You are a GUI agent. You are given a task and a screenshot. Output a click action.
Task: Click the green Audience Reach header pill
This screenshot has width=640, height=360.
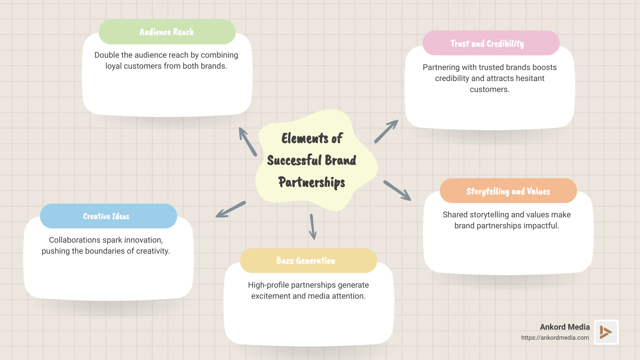click(x=167, y=32)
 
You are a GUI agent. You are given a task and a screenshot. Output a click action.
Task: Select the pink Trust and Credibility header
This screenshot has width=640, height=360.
click(x=491, y=43)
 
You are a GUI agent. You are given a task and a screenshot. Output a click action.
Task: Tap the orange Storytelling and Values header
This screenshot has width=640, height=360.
click(x=508, y=191)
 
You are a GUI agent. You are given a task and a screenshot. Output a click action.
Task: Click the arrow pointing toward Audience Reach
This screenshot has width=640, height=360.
click(x=247, y=141)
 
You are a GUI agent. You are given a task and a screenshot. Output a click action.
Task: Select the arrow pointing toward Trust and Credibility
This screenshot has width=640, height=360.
click(x=386, y=131)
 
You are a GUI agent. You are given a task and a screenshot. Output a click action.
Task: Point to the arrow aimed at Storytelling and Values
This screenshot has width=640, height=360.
click(x=397, y=191)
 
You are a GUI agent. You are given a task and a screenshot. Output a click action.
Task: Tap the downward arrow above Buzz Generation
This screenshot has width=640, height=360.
click(x=312, y=227)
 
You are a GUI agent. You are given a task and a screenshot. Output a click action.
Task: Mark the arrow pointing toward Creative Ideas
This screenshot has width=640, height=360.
click(x=230, y=210)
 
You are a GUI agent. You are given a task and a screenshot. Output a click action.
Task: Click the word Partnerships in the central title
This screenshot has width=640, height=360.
click(x=312, y=182)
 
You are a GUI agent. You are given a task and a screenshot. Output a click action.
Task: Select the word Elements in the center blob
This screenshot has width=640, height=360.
click(x=305, y=138)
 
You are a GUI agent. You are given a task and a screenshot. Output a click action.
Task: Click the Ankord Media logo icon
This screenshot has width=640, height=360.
click(x=606, y=332)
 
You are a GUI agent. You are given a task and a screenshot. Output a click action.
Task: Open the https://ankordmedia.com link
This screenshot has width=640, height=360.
click(x=555, y=338)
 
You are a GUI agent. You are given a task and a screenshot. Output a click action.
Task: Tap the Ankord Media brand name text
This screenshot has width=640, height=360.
click(x=565, y=327)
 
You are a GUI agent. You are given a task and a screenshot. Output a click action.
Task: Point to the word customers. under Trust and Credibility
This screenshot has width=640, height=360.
click(x=489, y=89)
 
